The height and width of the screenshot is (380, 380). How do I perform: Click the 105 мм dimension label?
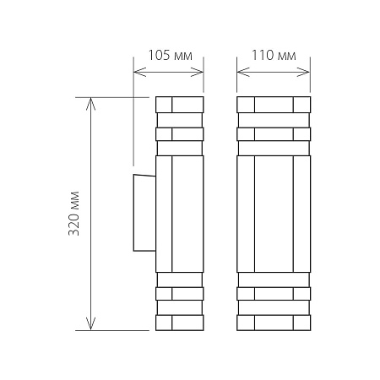click(x=170, y=57)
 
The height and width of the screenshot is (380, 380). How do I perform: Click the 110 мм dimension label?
click(x=274, y=57)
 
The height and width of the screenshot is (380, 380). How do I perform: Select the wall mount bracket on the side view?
click(x=143, y=213)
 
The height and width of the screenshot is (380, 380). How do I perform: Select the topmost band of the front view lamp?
click(x=274, y=105)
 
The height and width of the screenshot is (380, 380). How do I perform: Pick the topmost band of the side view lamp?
click(x=179, y=105)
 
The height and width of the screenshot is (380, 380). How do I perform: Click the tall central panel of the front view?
click(x=274, y=213)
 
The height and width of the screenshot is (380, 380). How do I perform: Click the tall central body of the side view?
click(x=179, y=213)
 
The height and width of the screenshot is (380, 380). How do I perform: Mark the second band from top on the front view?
click(x=274, y=133)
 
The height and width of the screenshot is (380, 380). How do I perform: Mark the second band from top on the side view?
click(x=179, y=133)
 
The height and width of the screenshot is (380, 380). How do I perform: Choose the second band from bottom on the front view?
click(x=274, y=294)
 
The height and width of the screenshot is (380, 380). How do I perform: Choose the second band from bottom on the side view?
click(x=179, y=294)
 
